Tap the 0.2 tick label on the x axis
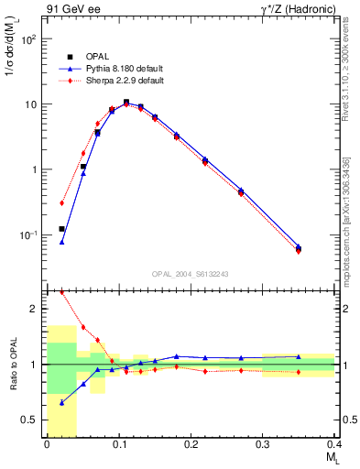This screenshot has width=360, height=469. click(191, 444)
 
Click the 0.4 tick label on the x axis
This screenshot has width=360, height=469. click(333, 444)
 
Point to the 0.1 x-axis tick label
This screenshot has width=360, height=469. click(118, 444)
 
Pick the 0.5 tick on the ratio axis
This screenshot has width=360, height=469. click(31, 420)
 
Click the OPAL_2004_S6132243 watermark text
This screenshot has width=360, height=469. click(191, 274)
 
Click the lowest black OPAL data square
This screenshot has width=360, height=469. click(62, 229)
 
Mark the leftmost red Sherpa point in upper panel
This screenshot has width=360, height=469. click(62, 203)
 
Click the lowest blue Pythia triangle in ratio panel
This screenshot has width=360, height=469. click(62, 402)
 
